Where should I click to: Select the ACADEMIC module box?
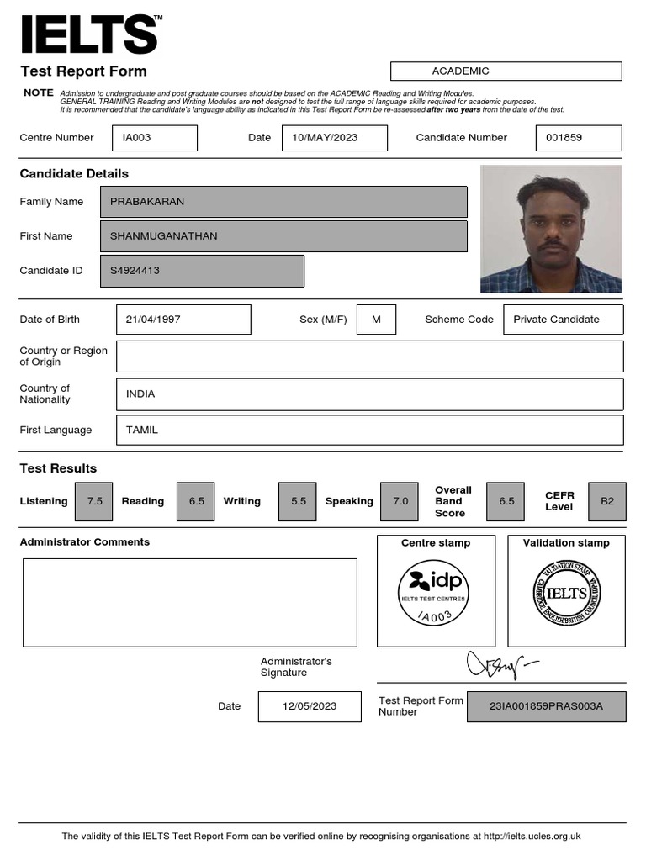(x=506, y=71)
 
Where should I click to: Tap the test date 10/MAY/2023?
(x=334, y=138)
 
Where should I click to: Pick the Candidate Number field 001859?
(x=578, y=138)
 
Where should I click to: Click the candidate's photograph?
(x=551, y=229)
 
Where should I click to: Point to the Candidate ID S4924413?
(x=202, y=271)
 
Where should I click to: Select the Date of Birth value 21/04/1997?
(x=183, y=320)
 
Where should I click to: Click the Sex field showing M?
(x=376, y=320)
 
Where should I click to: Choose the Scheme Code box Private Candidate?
(x=563, y=320)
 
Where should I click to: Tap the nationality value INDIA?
(x=369, y=394)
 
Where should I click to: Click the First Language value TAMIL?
(x=369, y=430)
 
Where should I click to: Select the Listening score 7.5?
(x=94, y=501)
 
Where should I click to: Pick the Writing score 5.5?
(x=299, y=501)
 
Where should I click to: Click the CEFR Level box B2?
(x=607, y=501)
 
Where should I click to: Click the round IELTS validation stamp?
(x=566, y=594)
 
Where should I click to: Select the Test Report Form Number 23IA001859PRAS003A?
(x=546, y=706)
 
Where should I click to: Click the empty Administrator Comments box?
(x=189, y=603)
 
